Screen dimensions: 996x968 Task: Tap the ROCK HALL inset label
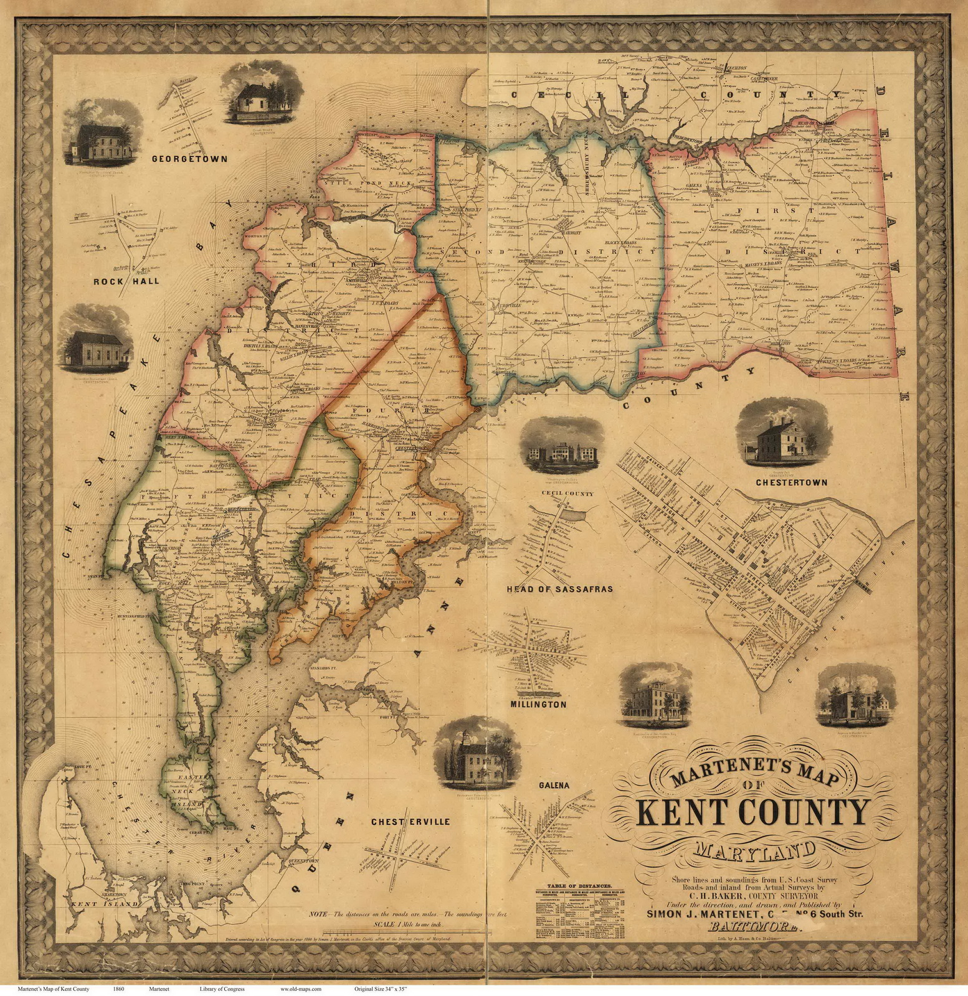(x=126, y=281)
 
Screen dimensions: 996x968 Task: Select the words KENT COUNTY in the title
(x=752, y=814)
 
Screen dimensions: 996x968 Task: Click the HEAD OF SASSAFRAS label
(x=559, y=589)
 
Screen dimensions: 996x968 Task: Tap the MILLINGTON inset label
(x=538, y=705)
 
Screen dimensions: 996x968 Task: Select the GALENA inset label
(x=554, y=786)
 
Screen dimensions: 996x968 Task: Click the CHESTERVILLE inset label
(x=410, y=822)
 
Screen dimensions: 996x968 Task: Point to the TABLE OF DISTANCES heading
(x=579, y=886)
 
